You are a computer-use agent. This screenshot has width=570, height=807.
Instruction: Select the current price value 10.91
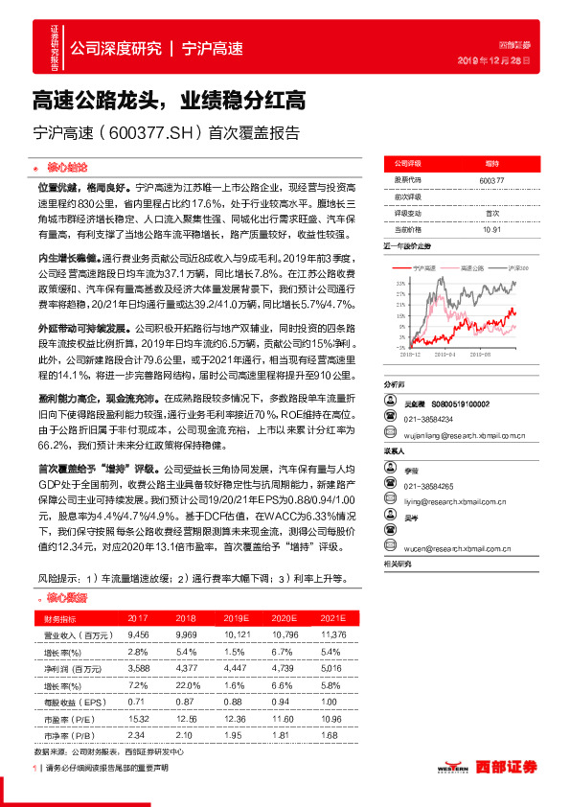(x=492, y=230)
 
